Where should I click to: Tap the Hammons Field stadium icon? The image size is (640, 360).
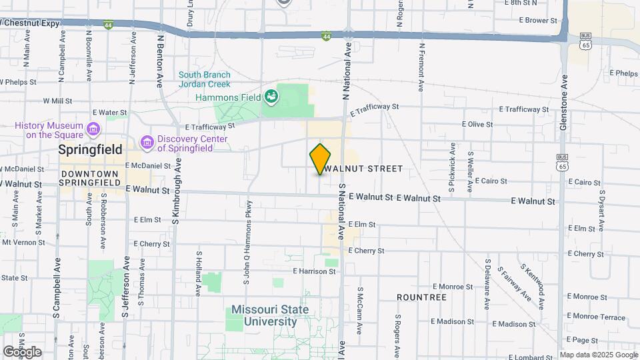pyautogui.click(x=271, y=97)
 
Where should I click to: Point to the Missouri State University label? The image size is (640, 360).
pyautogui.click(x=270, y=315)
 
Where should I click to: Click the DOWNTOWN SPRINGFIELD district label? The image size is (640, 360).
pyautogui.click(x=89, y=178)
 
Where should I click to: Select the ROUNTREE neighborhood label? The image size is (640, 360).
pyautogui.click(x=421, y=297)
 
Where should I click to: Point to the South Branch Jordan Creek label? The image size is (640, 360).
pyautogui.click(x=204, y=79)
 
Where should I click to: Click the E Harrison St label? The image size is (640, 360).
pyautogui.click(x=314, y=271)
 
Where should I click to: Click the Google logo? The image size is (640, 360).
pyautogui.click(x=21, y=351)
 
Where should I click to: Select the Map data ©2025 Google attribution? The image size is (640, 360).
pyautogui.click(x=597, y=355)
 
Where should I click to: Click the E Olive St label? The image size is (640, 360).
pyautogui.click(x=477, y=124)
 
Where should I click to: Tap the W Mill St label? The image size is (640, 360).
pyautogui.click(x=57, y=101)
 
